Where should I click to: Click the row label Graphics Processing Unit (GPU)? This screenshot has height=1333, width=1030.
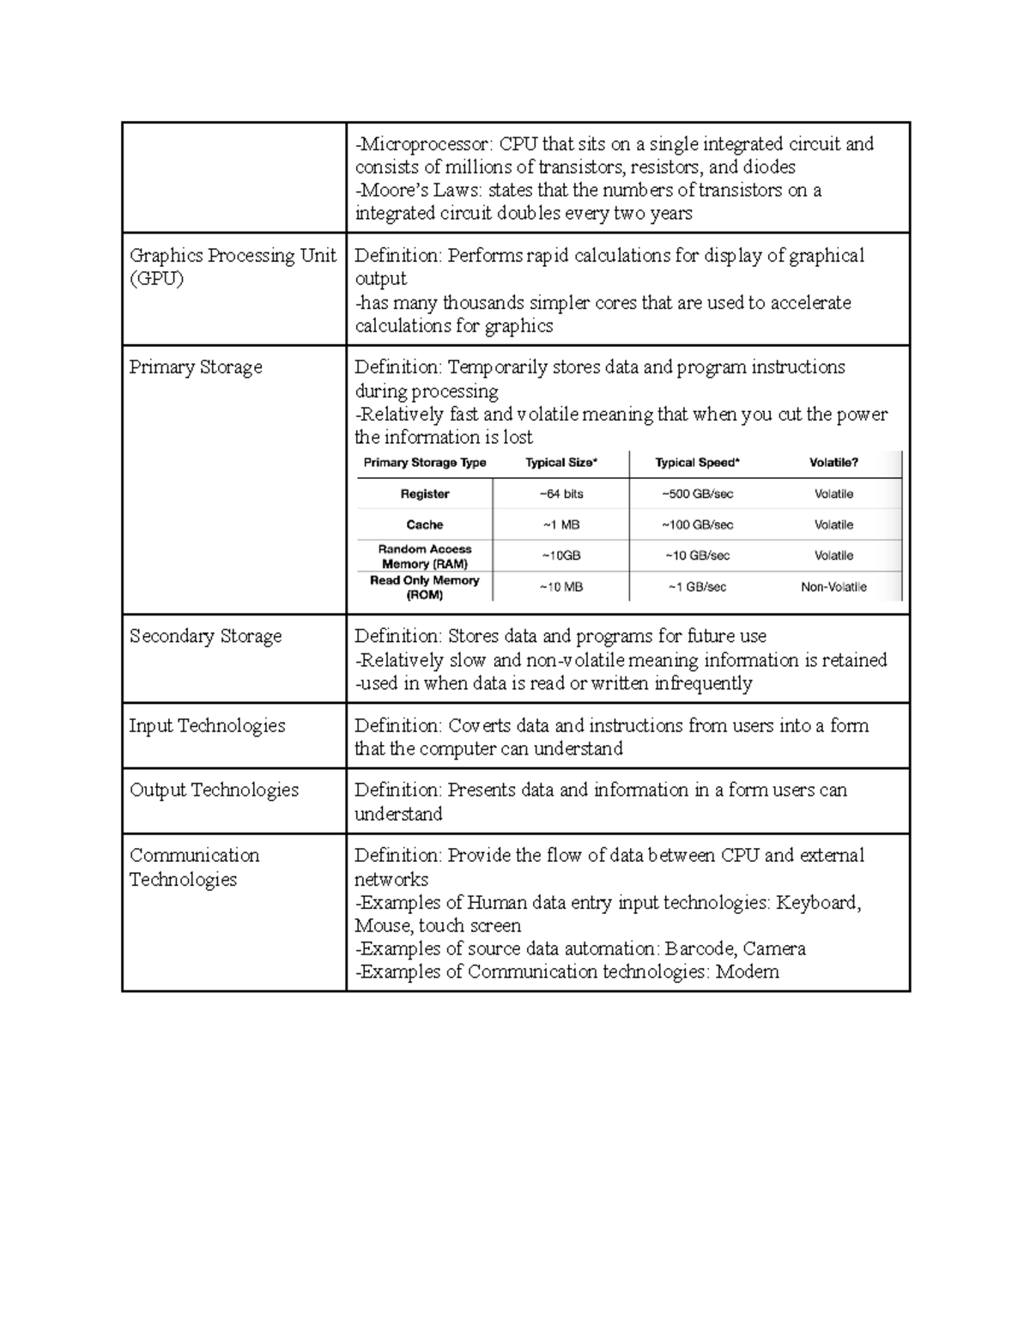(x=233, y=267)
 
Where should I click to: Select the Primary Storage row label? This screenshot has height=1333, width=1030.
(x=196, y=367)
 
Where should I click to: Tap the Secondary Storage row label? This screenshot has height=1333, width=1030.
(x=205, y=636)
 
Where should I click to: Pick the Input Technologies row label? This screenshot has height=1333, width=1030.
(x=207, y=725)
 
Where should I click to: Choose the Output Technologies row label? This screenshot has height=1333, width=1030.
(x=214, y=790)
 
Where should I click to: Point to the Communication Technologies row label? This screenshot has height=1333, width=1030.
(x=194, y=867)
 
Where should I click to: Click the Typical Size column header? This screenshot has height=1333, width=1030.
(x=561, y=463)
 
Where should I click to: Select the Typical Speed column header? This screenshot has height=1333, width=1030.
(x=697, y=463)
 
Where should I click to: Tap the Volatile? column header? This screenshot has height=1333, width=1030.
(x=833, y=463)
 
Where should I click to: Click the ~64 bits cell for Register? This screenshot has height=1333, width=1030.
(x=561, y=494)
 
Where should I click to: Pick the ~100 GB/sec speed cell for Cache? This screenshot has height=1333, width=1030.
(x=697, y=525)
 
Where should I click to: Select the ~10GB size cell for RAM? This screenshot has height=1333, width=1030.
(x=561, y=556)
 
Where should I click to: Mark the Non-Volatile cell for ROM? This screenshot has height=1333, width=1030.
(x=833, y=587)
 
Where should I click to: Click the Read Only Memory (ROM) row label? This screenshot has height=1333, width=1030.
(x=425, y=587)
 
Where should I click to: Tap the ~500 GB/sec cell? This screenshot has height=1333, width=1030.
(x=697, y=494)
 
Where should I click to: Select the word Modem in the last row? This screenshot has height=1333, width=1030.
(x=748, y=972)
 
